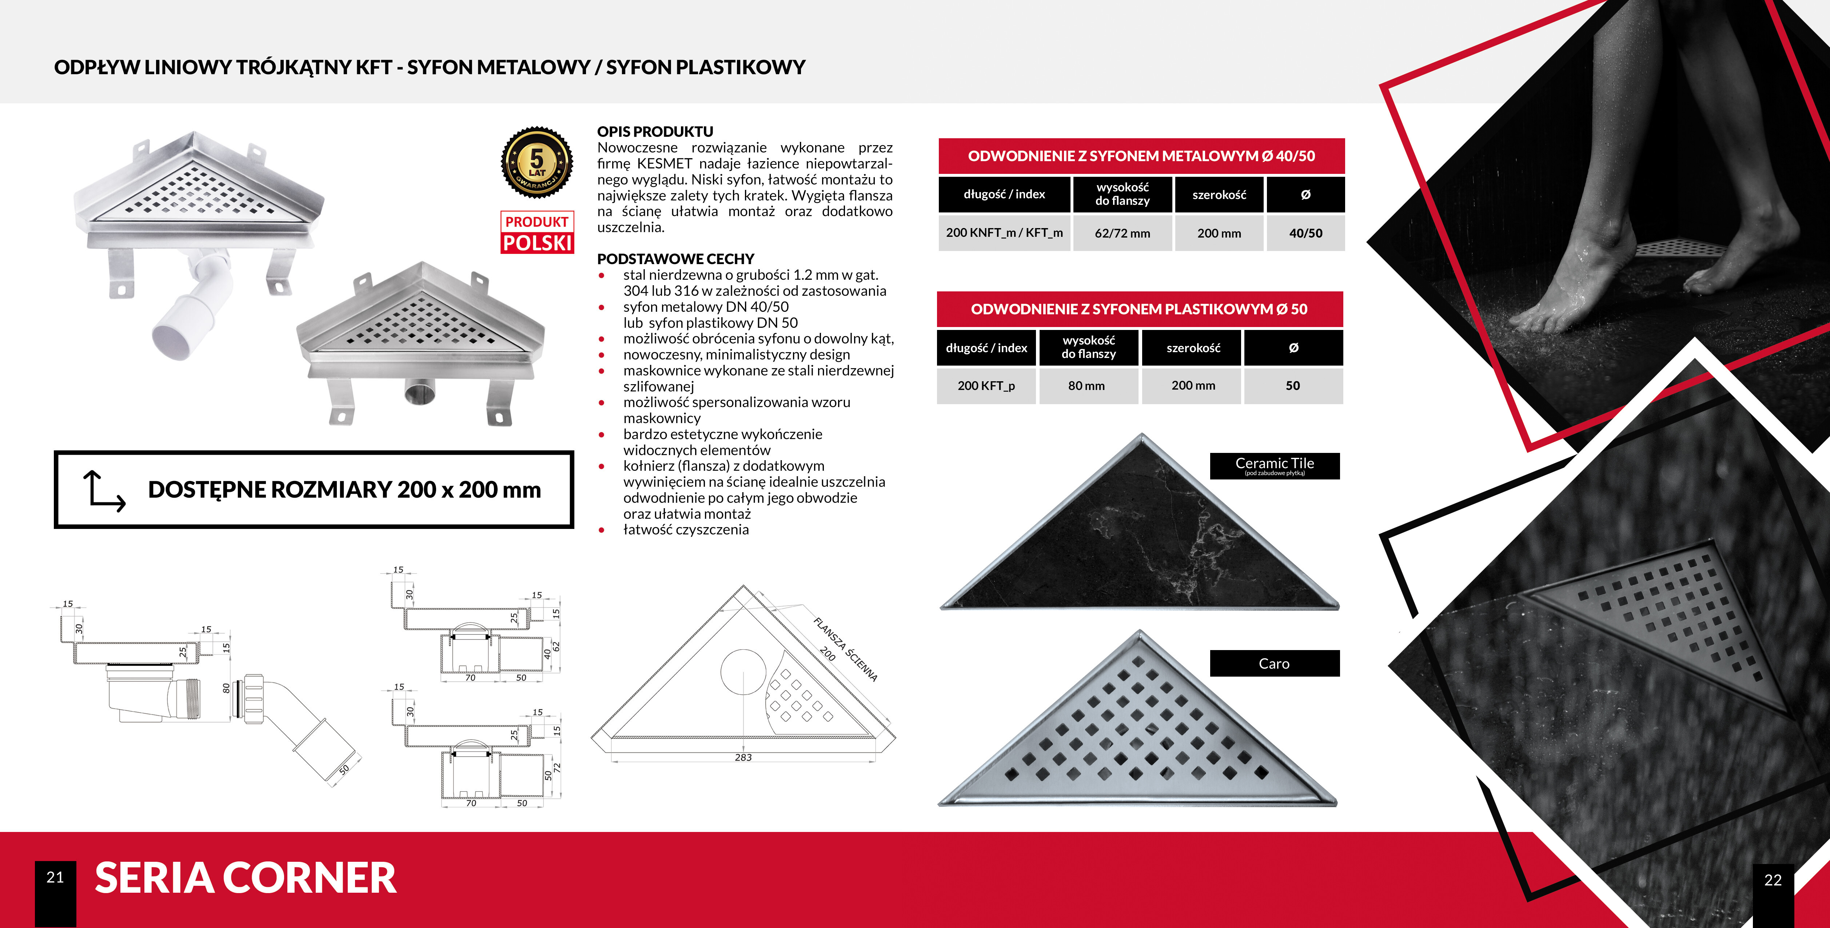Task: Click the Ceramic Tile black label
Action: coord(1275,465)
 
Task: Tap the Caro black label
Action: coord(1275,663)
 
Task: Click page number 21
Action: coord(55,877)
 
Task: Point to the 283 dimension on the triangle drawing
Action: coord(743,757)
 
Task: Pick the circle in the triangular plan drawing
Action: coord(743,672)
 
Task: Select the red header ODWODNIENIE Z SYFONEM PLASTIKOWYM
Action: coord(1140,309)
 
